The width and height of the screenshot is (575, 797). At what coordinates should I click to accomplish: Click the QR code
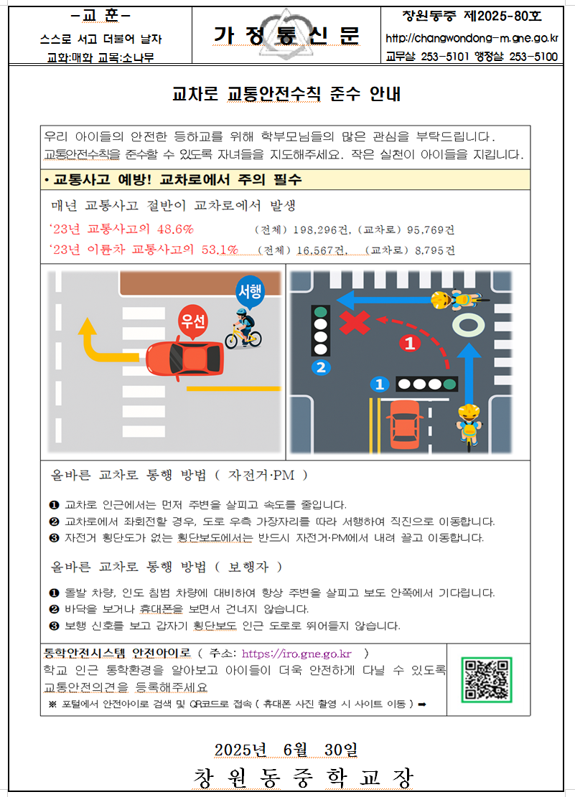point(487,679)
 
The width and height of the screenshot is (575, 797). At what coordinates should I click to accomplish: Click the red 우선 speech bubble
point(193,322)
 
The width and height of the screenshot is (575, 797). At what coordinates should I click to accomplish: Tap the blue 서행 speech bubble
point(250,292)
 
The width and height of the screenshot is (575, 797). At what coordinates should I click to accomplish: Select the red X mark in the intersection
point(355,324)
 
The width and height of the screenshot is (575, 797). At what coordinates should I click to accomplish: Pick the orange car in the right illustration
point(405,425)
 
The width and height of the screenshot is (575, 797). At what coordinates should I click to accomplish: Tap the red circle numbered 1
point(410,343)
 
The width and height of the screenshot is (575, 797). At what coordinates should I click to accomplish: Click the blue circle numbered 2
point(321,367)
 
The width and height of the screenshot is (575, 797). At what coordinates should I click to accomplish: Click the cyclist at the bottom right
point(469,426)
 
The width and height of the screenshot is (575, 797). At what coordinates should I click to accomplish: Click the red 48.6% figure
point(175,230)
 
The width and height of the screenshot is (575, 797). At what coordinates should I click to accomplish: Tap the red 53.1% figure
point(220,250)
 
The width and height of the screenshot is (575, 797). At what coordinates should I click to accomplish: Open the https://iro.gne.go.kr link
point(296,654)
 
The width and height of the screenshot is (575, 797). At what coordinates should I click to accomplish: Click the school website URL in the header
point(472,38)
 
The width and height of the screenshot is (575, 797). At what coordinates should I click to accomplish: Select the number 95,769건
point(431,230)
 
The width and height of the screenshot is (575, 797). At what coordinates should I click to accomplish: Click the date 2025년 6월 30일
point(286,750)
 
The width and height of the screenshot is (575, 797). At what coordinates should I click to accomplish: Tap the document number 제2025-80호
point(502,16)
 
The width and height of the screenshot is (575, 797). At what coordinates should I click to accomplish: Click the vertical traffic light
point(320,331)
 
